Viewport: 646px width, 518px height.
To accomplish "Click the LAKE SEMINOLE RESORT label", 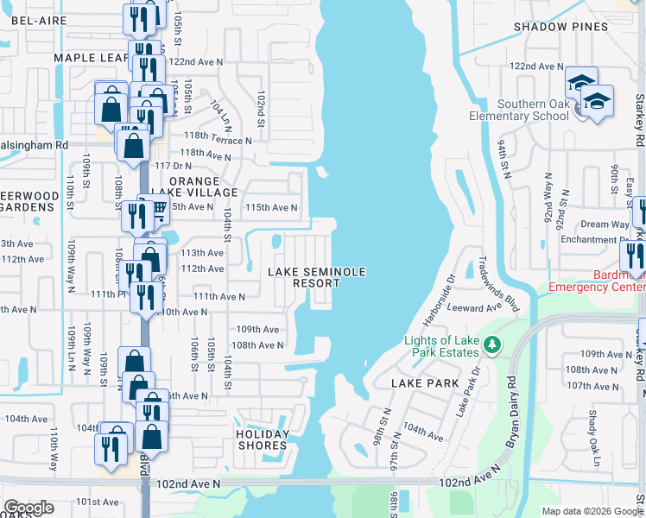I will pyautogui.click(x=316, y=277).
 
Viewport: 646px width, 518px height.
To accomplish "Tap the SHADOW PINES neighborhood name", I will pyautogui.click(x=560, y=27).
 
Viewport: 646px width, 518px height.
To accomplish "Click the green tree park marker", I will pyautogui.click(x=492, y=345).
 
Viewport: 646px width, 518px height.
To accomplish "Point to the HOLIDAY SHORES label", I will pyautogui.click(x=262, y=439).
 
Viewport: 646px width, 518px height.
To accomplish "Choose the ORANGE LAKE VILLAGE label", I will pyautogui.click(x=180, y=186).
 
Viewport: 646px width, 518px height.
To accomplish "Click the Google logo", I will pyautogui.click(x=28, y=508).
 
